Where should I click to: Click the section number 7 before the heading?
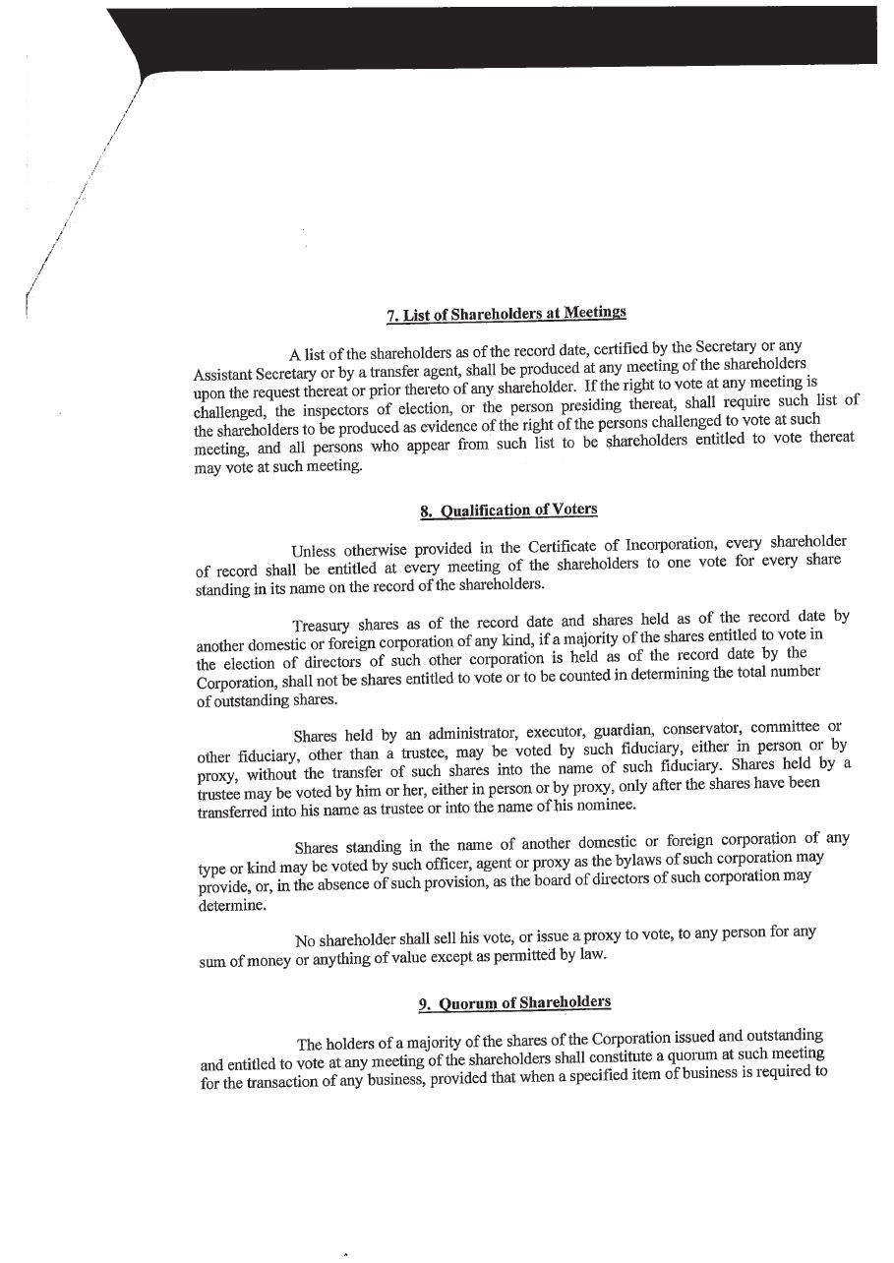(391, 316)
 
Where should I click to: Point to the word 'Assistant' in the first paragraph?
(222, 374)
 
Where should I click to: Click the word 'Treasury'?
(321, 626)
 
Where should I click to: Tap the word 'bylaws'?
(611, 859)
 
